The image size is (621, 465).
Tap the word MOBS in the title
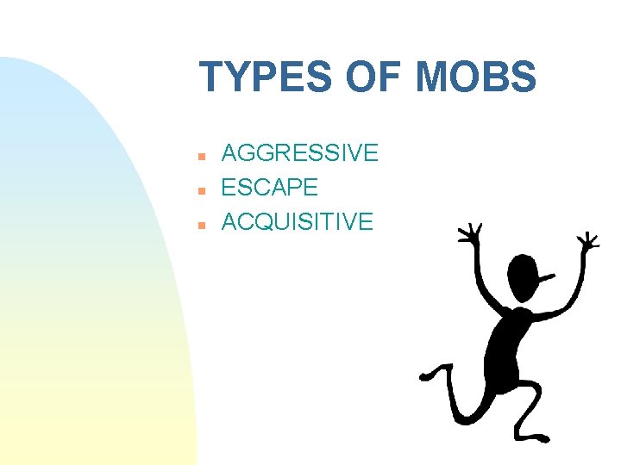pos(474,77)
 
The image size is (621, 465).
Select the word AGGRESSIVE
pos(299,153)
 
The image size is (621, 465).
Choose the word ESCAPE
pos(270,187)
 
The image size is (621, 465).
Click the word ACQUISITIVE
pos(298,221)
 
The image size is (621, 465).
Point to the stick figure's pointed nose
pos(548,277)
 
